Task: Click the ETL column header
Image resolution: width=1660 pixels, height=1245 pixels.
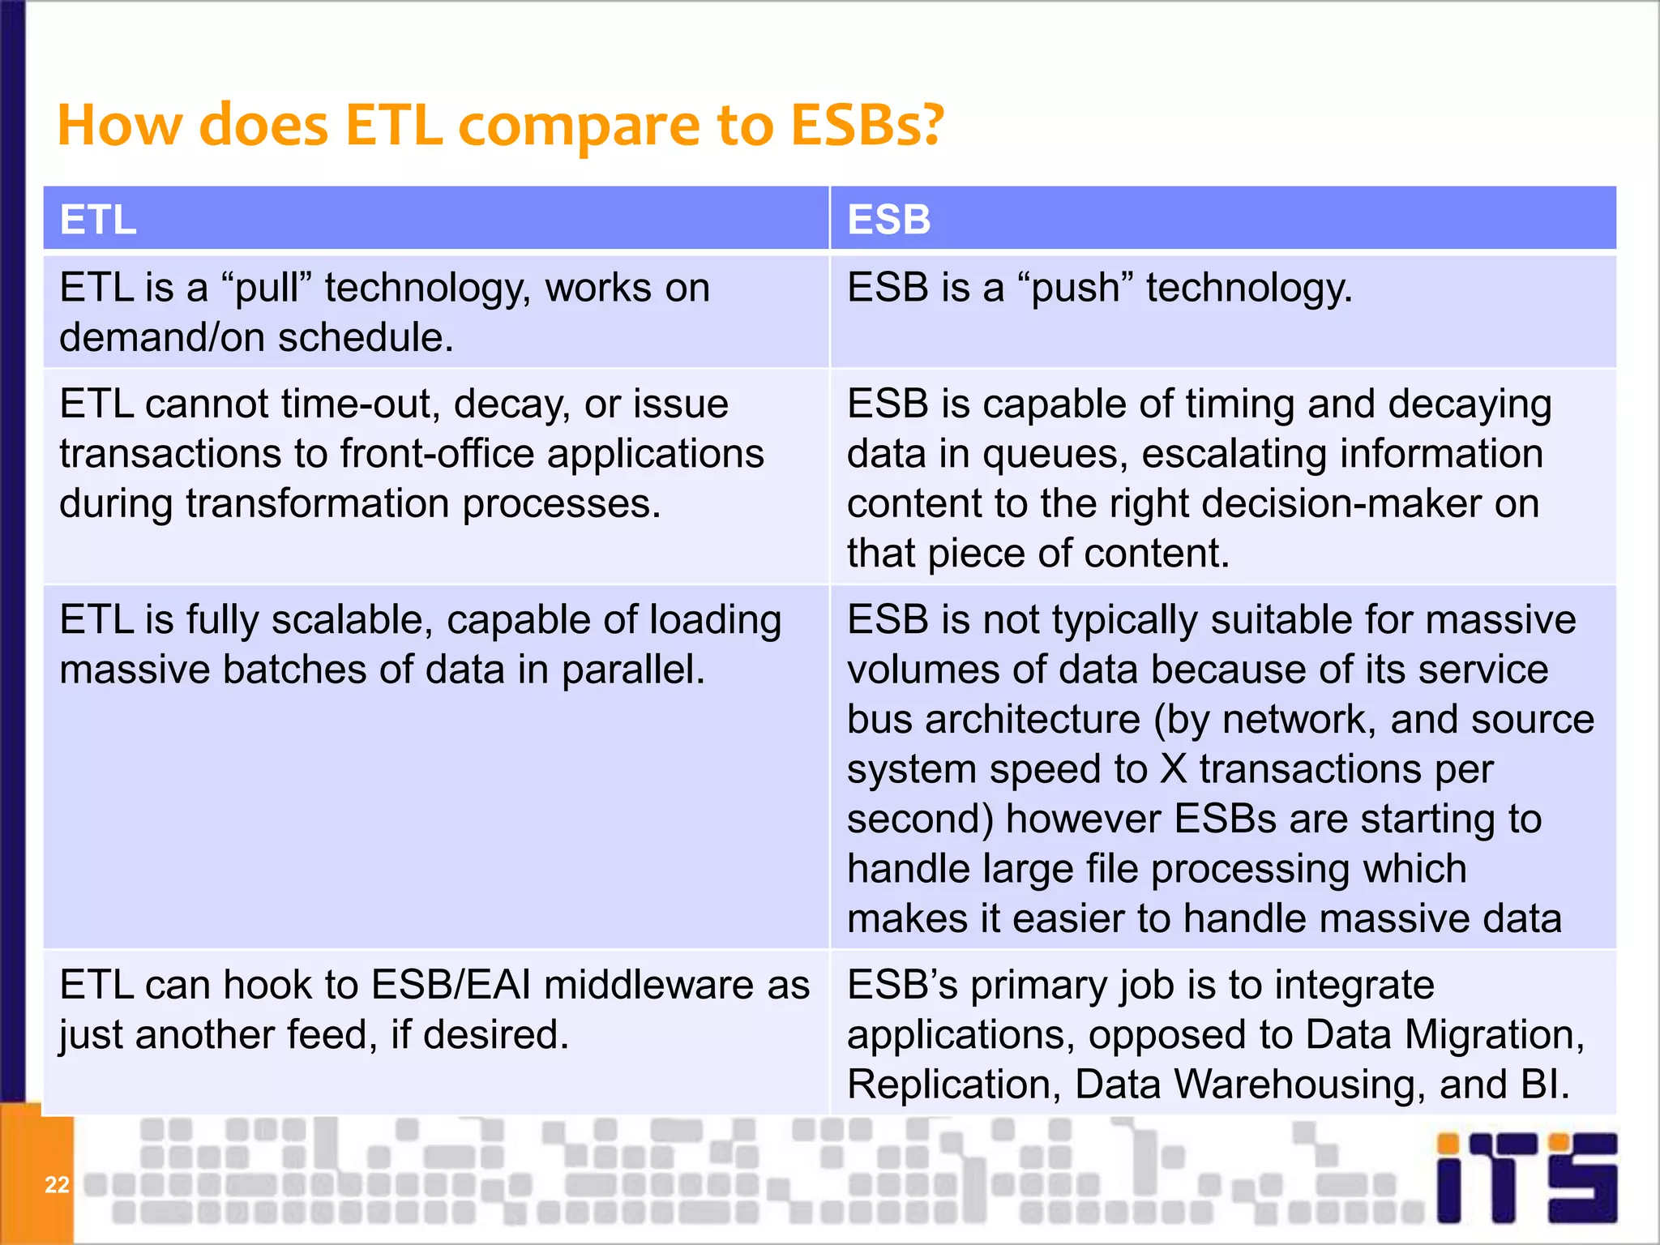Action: click(x=98, y=220)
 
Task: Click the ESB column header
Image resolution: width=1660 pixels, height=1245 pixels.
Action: click(x=888, y=220)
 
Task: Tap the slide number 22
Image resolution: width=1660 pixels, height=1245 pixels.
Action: click(x=57, y=1184)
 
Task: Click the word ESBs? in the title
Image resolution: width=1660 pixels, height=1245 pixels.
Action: click(x=867, y=125)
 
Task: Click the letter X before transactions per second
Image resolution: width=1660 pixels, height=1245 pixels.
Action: click(x=1173, y=769)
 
